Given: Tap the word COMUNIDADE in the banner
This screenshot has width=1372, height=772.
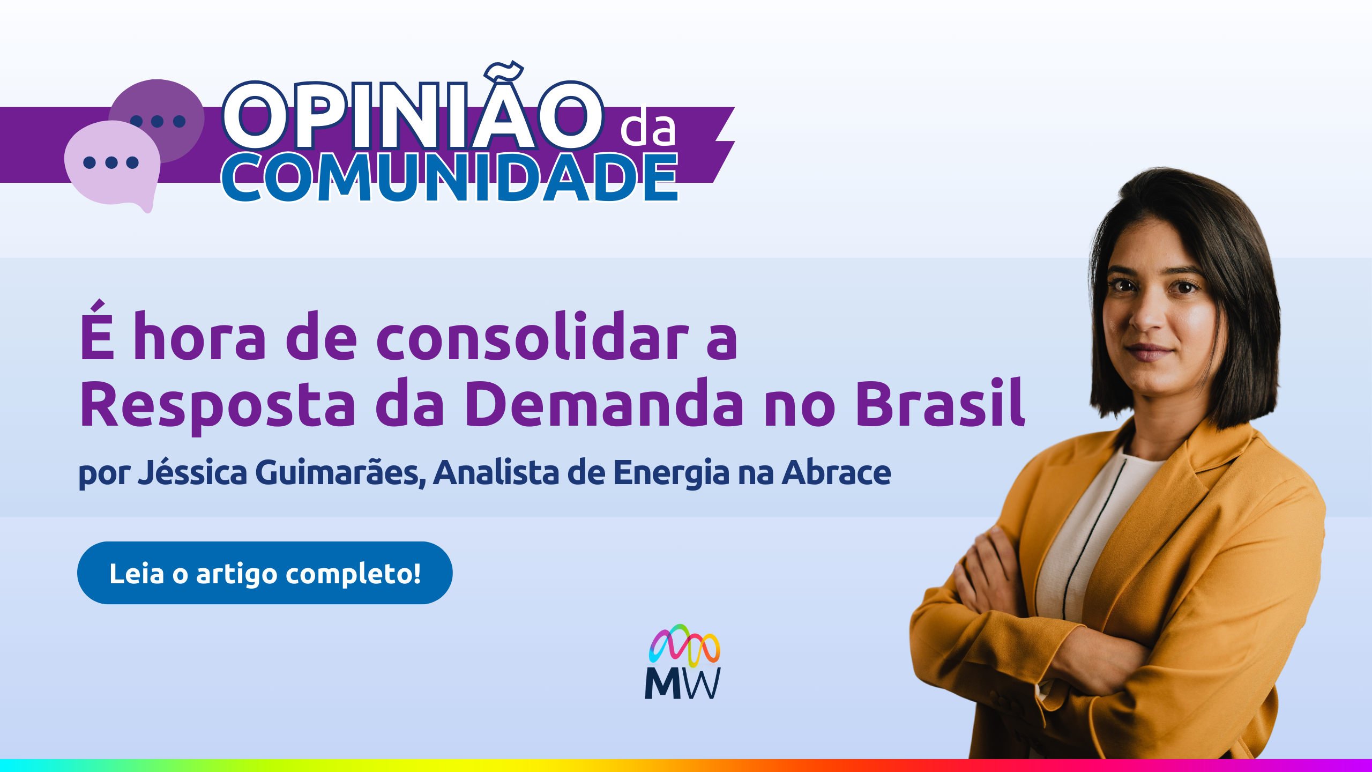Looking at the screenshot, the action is tap(450, 177).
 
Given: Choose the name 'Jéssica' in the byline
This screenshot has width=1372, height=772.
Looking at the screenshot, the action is tap(192, 472).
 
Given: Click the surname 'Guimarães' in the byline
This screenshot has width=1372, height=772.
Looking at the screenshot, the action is tap(341, 472).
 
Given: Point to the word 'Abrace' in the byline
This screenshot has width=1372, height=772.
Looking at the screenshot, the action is tap(836, 472).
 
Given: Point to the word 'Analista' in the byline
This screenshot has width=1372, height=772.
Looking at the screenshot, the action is tap(496, 472).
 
